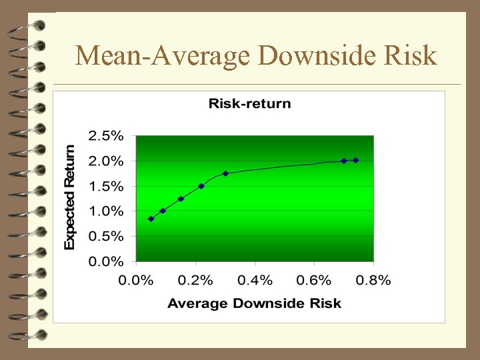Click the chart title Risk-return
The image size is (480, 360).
click(x=249, y=103)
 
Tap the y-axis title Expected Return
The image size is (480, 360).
click(x=69, y=198)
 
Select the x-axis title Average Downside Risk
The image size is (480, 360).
click(x=254, y=303)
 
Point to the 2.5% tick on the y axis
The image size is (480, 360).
click(x=106, y=136)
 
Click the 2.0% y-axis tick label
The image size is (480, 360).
click(x=106, y=161)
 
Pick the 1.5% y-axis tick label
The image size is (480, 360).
click(x=106, y=186)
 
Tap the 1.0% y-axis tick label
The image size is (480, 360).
click(x=106, y=211)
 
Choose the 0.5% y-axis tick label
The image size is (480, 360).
click(x=106, y=236)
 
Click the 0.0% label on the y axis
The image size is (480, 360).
click(x=106, y=261)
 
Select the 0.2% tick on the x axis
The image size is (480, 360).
click(x=195, y=280)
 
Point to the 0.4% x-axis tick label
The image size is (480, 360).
click(x=255, y=280)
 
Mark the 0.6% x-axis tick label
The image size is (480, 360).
click(x=314, y=280)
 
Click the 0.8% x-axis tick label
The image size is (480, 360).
click(x=373, y=280)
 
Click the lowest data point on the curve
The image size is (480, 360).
click(x=151, y=219)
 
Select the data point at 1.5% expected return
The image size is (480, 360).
click(x=201, y=186)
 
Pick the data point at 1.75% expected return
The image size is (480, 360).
click(x=225, y=173)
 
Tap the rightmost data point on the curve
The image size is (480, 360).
click(x=356, y=160)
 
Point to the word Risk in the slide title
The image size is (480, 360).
click(x=412, y=55)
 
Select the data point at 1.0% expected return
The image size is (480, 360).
click(x=163, y=211)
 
